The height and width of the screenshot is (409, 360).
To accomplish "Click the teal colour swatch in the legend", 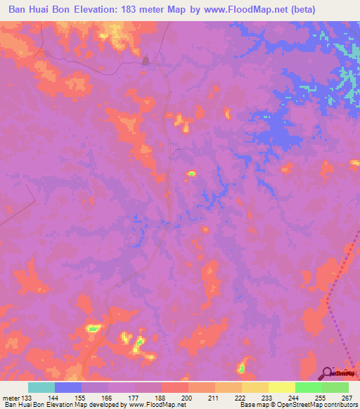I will coord(41,387).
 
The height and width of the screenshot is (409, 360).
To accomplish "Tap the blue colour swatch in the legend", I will coord(68,387).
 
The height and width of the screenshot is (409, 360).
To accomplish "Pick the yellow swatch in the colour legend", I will coord(281,387).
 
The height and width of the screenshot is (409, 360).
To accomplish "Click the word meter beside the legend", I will coord(10,397).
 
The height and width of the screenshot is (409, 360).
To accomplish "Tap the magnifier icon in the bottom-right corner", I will coord(327,373).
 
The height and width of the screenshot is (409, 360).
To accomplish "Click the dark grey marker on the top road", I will coord(146,61).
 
